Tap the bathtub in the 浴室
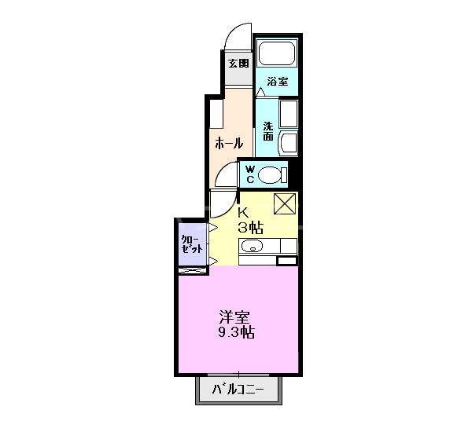(276, 54)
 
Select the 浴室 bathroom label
(277, 82)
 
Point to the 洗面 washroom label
(268, 130)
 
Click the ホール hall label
(229, 143)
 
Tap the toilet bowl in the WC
(271, 174)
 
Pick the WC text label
(249, 174)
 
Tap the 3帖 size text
(251, 227)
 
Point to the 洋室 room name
(235, 317)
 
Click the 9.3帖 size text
(236, 333)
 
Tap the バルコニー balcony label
(239, 389)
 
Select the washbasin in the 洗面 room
(288, 144)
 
